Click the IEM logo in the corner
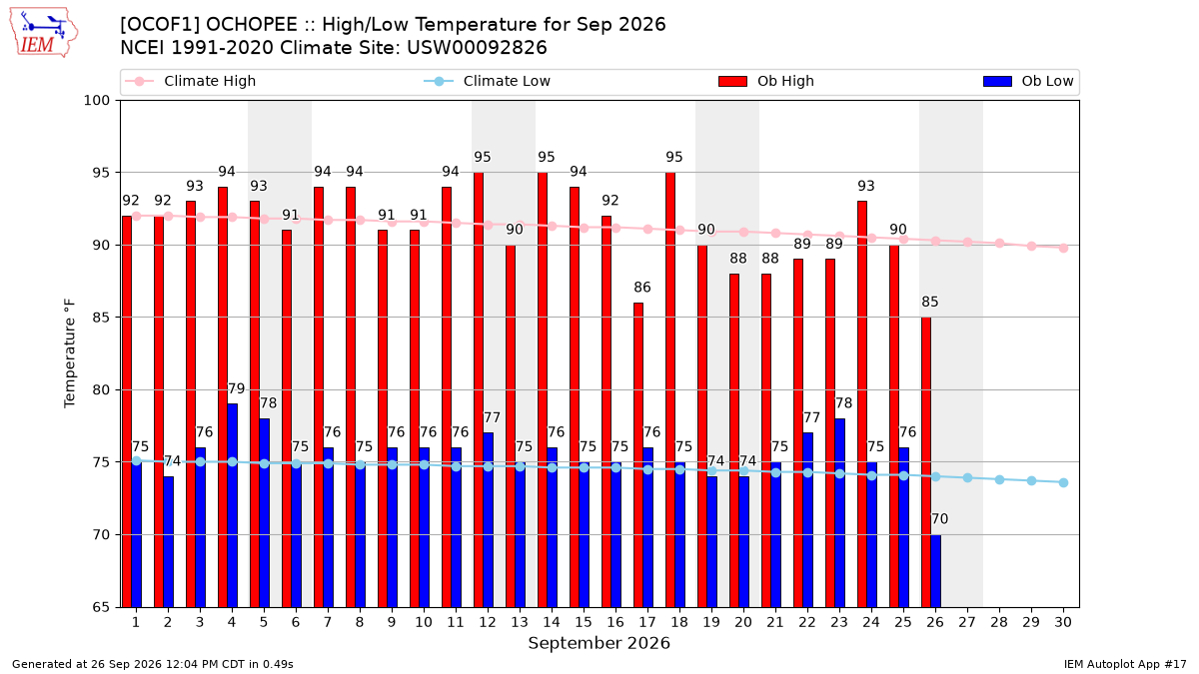(44, 32)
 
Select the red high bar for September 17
(638, 454)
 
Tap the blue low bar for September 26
(935, 571)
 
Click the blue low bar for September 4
(232, 505)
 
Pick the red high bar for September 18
(670, 389)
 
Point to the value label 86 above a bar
(642, 288)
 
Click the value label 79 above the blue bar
(236, 388)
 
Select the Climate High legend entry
(191, 81)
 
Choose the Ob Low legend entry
(1028, 81)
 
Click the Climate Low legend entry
(488, 81)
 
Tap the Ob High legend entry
(766, 81)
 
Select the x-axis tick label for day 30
(1063, 622)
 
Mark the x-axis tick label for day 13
(520, 622)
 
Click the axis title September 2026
(599, 643)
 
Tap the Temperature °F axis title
(70, 353)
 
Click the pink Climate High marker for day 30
(1063, 249)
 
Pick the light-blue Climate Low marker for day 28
(999, 480)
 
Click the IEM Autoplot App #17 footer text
(1125, 664)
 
